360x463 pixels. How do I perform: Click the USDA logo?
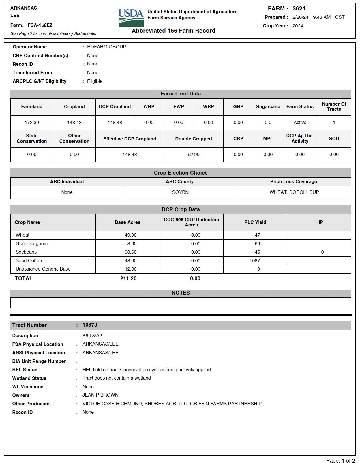pos(131,18)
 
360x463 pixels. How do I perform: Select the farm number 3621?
pos(299,9)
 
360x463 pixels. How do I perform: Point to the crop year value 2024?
pos(298,26)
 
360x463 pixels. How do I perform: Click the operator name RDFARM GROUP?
pos(106,47)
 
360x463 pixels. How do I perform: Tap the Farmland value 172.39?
pos(32,123)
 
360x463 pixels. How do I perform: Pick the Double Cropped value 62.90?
pos(193,155)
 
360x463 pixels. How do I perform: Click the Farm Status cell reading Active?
pos(300,123)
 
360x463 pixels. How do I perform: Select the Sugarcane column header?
pos(268,107)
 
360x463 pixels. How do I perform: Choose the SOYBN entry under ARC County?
pos(180,192)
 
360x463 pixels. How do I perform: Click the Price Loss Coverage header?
pos(293,182)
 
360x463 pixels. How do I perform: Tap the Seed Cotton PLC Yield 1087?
pos(255,261)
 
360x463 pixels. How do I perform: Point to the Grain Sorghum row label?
pos(32,244)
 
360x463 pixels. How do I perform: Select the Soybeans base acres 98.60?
pos(131,252)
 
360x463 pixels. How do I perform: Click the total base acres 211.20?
pos(128,278)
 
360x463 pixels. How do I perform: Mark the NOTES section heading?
pos(181,293)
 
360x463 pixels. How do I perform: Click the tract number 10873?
pos(90,325)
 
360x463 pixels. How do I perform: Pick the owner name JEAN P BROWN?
pos(100,395)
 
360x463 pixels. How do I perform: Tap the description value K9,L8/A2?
pos(92,336)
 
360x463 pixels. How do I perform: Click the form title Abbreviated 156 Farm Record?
pos(173,31)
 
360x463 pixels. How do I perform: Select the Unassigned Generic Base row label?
pos(43,269)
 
